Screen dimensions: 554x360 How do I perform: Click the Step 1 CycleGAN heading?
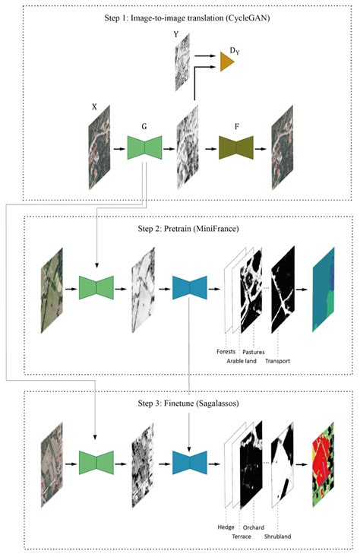pyautogui.click(x=180, y=19)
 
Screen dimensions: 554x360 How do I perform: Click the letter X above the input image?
pyautogui.click(x=94, y=108)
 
